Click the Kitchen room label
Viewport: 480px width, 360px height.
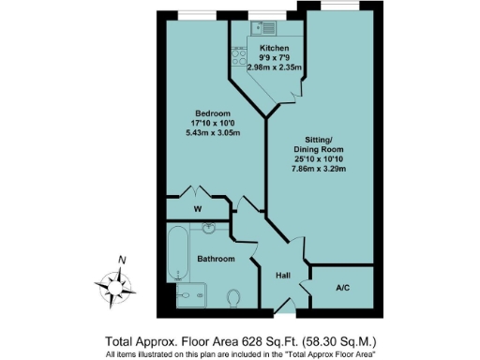pyautogui.click(x=274, y=47)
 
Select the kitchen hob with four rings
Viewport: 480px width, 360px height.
pyautogui.click(x=237, y=54)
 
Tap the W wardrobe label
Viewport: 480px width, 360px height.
pyautogui.click(x=198, y=209)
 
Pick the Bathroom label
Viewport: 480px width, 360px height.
pyautogui.click(x=216, y=259)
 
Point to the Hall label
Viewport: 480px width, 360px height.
pyautogui.click(x=281, y=276)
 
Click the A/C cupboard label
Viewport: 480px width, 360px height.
pyautogui.click(x=343, y=290)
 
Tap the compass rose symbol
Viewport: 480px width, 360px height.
pyautogui.click(x=112, y=283)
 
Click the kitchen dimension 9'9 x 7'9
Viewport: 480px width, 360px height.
pyautogui.click(x=274, y=57)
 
